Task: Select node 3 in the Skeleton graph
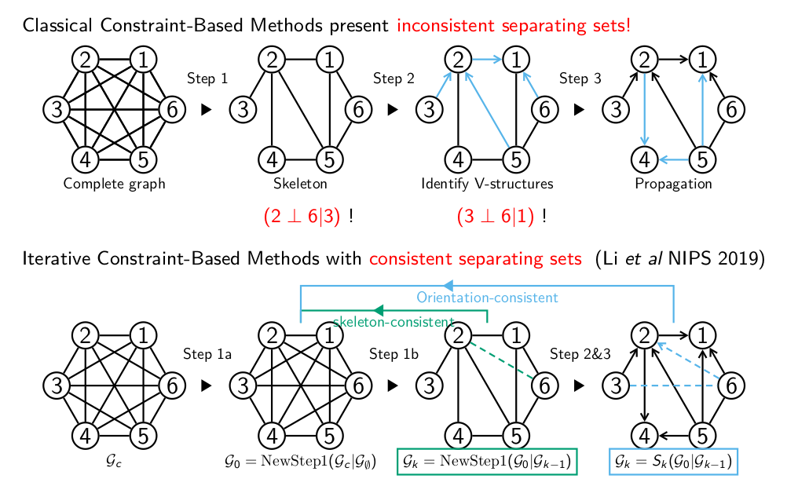243,110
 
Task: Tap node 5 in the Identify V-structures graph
515,160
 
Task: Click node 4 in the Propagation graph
645,160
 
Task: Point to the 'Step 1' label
207,79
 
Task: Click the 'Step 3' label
580,79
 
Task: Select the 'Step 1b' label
393,354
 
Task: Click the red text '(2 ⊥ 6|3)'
302,217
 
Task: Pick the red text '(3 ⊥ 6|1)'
495,217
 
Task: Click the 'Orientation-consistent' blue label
487,298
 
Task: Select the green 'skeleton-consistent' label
393,322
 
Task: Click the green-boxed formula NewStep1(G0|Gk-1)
488,462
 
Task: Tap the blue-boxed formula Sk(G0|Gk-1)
674,462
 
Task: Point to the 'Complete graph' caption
114,185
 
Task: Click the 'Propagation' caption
673,185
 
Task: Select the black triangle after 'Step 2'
393,110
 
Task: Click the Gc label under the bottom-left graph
114,461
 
